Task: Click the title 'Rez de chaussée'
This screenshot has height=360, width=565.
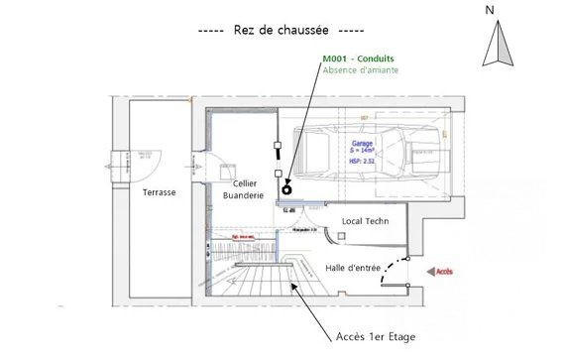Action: [x=282, y=30]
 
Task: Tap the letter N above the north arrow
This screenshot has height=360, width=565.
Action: [x=490, y=10]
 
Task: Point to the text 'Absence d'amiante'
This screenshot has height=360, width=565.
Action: [x=362, y=70]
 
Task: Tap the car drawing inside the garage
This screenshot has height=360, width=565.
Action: [x=372, y=152]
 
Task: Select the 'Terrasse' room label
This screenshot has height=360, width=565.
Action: [x=159, y=191]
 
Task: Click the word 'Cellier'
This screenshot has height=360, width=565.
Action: [x=246, y=183]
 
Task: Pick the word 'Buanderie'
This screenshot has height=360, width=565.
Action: [x=244, y=196]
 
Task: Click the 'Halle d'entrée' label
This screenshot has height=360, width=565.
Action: [x=356, y=268]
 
